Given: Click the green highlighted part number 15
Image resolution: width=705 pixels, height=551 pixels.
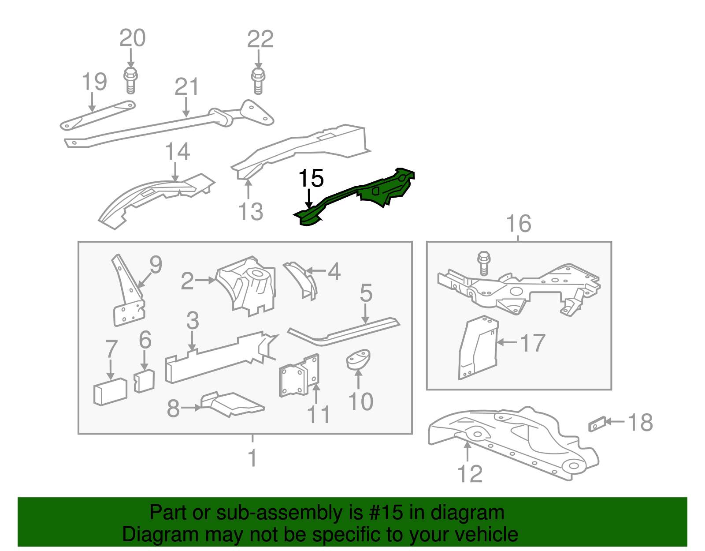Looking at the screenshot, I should click(361, 194).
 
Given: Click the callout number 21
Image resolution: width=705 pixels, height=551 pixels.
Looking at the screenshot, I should click(187, 87).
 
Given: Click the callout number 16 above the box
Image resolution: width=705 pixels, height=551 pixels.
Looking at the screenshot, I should click(519, 224).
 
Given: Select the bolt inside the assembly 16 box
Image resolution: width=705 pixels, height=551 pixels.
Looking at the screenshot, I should click(484, 263).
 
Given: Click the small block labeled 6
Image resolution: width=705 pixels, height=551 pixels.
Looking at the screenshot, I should click(144, 381).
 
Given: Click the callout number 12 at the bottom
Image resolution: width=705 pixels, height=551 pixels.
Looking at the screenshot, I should click(470, 474).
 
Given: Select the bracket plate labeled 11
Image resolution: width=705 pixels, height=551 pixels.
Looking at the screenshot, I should click(299, 376).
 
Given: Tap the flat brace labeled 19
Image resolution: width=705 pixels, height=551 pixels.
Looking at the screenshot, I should click(97, 116).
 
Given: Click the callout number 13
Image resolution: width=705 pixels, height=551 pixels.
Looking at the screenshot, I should click(251, 211).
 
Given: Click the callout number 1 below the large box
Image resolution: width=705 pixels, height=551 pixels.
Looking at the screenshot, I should click(252, 458).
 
